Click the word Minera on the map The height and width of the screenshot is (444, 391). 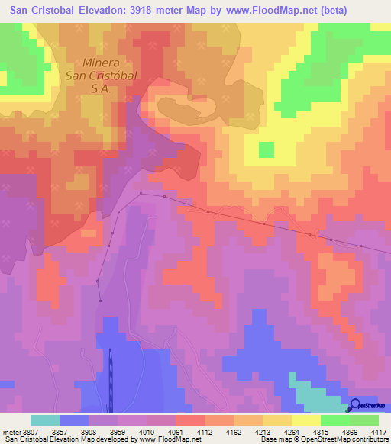[102, 64]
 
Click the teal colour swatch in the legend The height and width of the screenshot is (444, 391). [44, 420]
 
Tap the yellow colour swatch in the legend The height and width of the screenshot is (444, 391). [305, 420]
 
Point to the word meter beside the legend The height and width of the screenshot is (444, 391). [9, 431]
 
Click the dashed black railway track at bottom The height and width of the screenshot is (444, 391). [110, 381]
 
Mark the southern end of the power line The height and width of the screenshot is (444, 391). [99, 301]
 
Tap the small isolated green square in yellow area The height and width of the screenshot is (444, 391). [266, 150]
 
